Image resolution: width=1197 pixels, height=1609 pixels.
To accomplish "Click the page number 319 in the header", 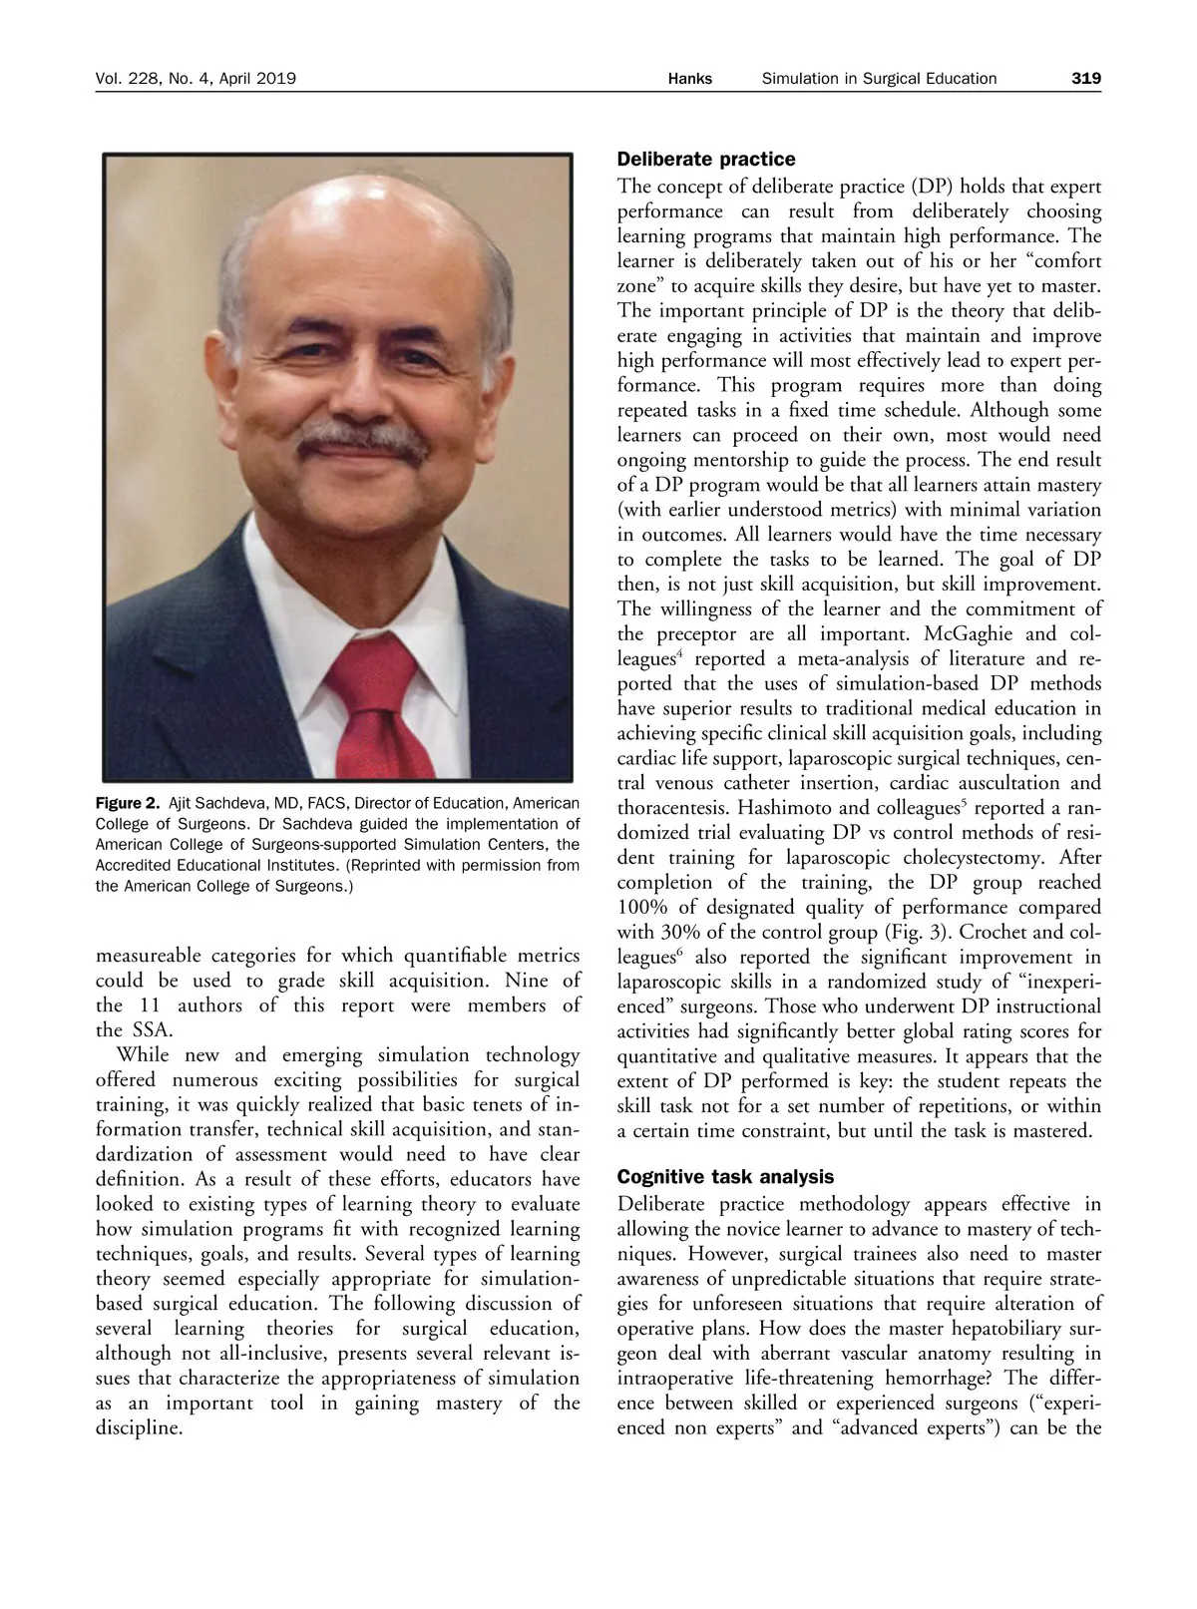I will (x=1085, y=78).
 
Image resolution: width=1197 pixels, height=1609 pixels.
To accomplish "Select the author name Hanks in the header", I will (x=689, y=78).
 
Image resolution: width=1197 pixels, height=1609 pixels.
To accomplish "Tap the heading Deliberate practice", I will (x=706, y=160).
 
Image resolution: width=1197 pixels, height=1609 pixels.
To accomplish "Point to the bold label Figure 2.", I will (x=127, y=803).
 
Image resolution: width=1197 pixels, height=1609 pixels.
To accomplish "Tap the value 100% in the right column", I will (x=645, y=908).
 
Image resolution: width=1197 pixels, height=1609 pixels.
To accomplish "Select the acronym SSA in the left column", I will (x=151, y=1030).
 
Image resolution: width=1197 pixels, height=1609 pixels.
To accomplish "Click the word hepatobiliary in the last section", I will (x=998, y=1329).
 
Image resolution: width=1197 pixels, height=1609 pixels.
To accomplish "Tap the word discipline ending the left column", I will (x=139, y=1427).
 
